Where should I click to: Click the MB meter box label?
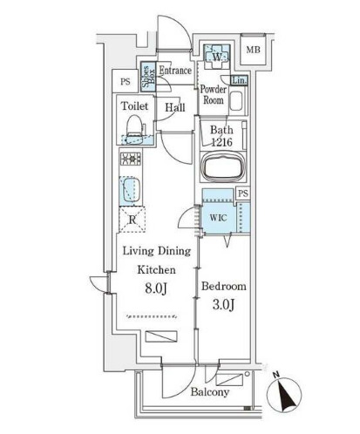(253, 50)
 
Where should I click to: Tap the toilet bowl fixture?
(134, 130)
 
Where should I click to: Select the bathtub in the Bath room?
(223, 167)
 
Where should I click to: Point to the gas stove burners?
(131, 159)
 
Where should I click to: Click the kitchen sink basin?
(131, 190)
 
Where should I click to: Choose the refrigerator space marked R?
(132, 220)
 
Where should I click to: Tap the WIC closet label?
(218, 218)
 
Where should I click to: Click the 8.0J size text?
(156, 288)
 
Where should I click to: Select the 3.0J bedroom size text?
(223, 305)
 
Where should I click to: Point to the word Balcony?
(210, 392)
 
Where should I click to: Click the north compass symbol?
(284, 393)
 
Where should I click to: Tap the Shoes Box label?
(148, 76)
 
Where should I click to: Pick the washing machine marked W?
(217, 57)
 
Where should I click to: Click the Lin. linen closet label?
(240, 80)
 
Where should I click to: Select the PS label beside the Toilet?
(126, 82)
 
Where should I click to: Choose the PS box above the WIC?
(243, 193)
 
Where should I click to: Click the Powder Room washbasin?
(235, 100)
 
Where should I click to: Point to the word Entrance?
(175, 71)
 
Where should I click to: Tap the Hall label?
(175, 107)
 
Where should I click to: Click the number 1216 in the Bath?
(221, 142)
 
